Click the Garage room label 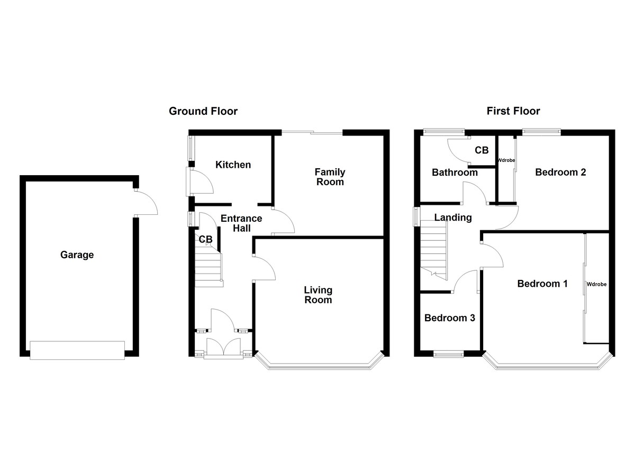pos(77,255)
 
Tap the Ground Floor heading pos(203,111)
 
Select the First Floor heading pos(513,111)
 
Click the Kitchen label pos(233,165)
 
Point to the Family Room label pos(330,177)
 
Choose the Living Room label pos(318,295)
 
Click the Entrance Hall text pos(241,223)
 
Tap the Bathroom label pos(455,173)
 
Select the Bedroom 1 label pos(542,284)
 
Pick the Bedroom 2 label pos(560,172)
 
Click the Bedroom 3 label pos(450,318)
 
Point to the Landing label pos(453,218)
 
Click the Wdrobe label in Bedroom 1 pos(596,285)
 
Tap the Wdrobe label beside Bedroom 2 pos(506,160)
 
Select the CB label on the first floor pos(482,150)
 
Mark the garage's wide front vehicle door pos(77,350)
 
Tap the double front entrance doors pos(223,347)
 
